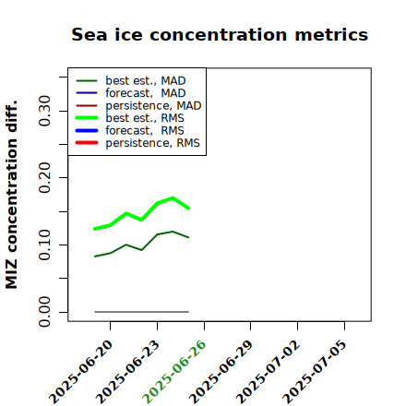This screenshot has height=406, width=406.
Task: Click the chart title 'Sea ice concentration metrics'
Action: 220,34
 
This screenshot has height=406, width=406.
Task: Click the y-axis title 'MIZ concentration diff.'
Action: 11,195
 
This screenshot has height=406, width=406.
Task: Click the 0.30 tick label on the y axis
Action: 44,111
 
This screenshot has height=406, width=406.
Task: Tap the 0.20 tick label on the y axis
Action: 44,177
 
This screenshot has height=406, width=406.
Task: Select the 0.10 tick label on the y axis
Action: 44,245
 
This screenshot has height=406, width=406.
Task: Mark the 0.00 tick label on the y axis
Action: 44,312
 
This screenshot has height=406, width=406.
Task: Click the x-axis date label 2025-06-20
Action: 81,372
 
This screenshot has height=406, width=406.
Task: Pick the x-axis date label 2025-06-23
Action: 128,372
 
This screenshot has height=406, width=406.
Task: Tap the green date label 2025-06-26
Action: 175,372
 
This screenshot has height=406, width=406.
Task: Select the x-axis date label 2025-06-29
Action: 221,372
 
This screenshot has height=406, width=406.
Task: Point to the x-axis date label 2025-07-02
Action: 269,372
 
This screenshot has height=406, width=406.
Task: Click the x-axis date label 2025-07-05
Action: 316,372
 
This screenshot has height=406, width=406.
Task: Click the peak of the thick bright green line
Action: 173,197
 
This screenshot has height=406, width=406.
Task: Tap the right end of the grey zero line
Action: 188,312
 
